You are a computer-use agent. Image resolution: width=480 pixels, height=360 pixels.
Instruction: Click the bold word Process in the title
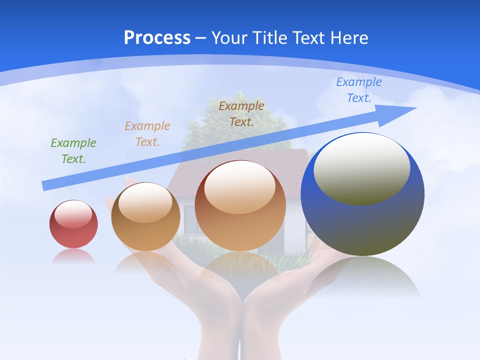point(157,38)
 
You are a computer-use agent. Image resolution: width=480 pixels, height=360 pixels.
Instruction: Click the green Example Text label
point(73,151)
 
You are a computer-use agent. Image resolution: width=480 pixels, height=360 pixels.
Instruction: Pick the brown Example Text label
point(241,113)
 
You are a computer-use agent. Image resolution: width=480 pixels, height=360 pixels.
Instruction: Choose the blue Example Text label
point(359,90)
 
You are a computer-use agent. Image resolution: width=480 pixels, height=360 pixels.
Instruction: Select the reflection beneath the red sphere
point(73,256)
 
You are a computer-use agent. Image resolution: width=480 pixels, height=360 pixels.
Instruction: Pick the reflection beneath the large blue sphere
point(362,277)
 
